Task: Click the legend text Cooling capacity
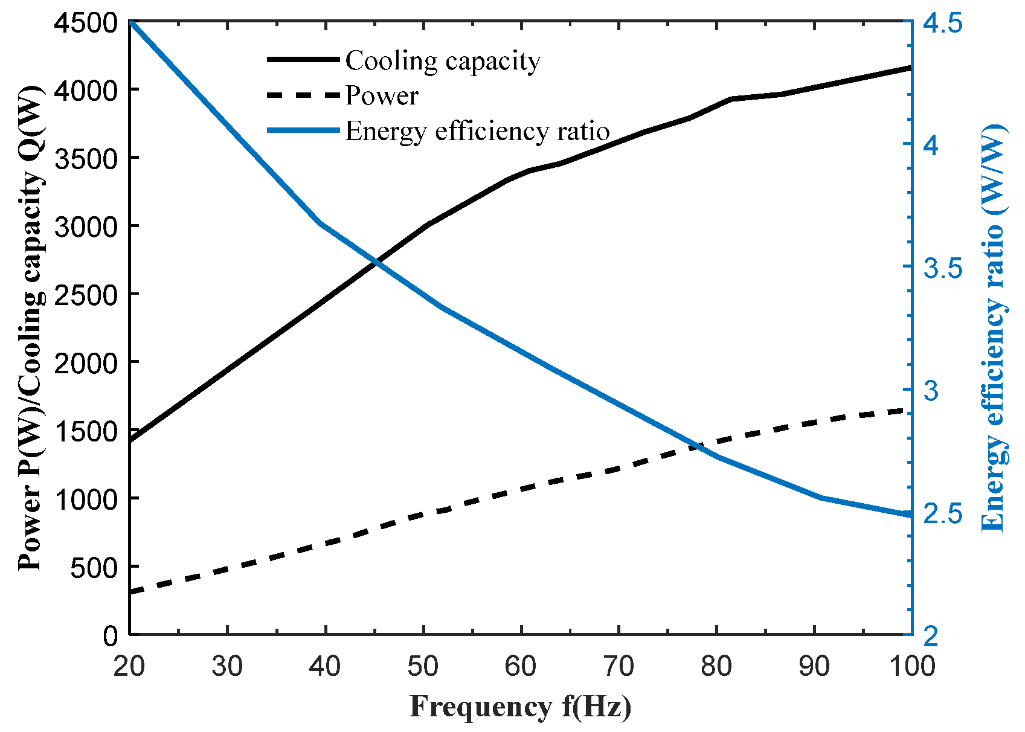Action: [x=443, y=61]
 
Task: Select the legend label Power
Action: [x=382, y=96]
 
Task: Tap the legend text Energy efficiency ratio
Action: [x=477, y=131]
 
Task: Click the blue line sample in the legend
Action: [x=303, y=130]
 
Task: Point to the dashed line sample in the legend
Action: [x=303, y=95]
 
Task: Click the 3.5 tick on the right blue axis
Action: [x=942, y=269]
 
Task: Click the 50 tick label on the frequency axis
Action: [x=423, y=666]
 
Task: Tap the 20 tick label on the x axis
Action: [x=129, y=666]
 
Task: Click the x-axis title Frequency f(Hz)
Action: [x=520, y=707]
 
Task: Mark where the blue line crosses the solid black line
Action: [x=376, y=262]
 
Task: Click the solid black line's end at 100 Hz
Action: [x=910, y=68]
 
